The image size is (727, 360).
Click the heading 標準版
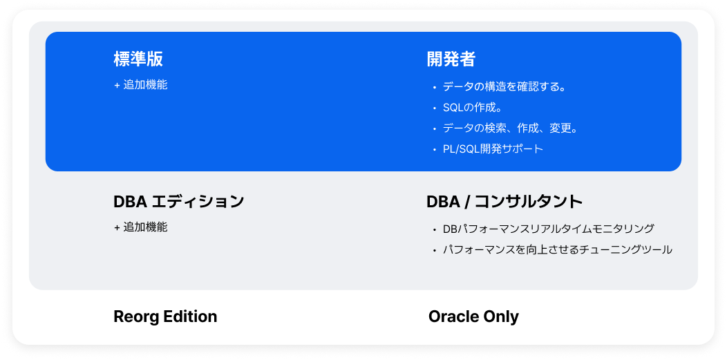tap(138, 59)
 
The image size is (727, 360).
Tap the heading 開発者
tap(451, 59)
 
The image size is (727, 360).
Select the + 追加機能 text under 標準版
tap(141, 85)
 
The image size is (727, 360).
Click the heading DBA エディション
tap(179, 202)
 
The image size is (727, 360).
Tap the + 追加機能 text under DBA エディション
tap(141, 227)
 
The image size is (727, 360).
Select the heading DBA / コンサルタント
tap(504, 202)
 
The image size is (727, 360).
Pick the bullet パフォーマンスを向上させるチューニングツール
tap(557, 249)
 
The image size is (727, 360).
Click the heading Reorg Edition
tap(165, 316)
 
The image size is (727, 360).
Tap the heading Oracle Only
tap(473, 316)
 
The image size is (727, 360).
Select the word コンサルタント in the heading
tap(529, 202)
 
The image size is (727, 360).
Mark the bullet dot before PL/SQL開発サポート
tap(435, 149)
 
